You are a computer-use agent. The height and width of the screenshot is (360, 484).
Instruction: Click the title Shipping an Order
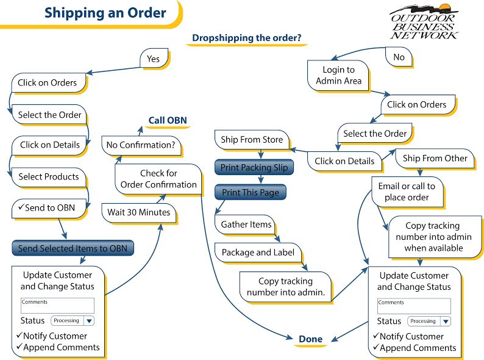point(105,13)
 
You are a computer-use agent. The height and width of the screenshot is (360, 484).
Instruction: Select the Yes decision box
point(153,59)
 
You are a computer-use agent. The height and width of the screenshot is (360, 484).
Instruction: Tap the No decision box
point(399,57)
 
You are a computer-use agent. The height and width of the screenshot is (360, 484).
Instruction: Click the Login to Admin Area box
point(338,75)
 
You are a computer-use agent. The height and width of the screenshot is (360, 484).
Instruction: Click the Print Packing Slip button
point(254,167)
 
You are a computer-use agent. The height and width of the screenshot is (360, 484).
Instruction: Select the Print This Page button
point(250,192)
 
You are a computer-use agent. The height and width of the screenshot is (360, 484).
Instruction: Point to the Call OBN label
point(168,120)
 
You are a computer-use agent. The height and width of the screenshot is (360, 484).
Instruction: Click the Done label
point(310,339)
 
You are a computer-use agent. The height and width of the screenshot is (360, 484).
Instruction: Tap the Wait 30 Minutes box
point(139,212)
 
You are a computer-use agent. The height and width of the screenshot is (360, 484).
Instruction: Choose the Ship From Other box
point(435,158)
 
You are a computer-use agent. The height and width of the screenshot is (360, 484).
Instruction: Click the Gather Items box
point(246,225)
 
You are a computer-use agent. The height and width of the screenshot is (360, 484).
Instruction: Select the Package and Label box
point(258,252)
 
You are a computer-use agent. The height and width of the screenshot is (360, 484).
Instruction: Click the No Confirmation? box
point(140,145)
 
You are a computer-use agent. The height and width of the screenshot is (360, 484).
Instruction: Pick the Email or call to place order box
point(406,192)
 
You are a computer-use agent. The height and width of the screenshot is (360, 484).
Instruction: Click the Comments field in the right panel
point(414,306)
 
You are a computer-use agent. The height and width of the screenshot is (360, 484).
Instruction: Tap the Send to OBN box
point(49,208)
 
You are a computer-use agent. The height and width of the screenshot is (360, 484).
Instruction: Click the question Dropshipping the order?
point(246,38)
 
